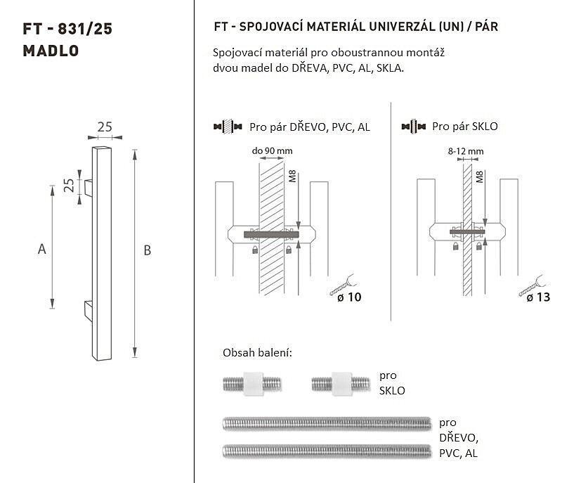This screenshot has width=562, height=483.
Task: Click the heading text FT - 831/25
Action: tap(67, 29)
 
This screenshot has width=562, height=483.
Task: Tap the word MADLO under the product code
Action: tap(51, 51)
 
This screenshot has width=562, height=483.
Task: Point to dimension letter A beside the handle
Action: tap(42, 249)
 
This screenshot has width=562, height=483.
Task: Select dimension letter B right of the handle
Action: tap(147, 250)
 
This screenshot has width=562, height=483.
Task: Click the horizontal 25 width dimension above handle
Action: tap(105, 127)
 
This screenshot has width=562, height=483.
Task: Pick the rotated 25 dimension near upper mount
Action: tap(69, 186)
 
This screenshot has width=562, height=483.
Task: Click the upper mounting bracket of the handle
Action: tap(89, 188)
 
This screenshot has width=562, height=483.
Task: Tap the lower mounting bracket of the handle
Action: tap(89, 311)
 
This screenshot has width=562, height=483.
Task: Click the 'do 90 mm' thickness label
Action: tap(272, 150)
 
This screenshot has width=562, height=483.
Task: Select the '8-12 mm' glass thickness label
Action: tap(466, 151)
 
